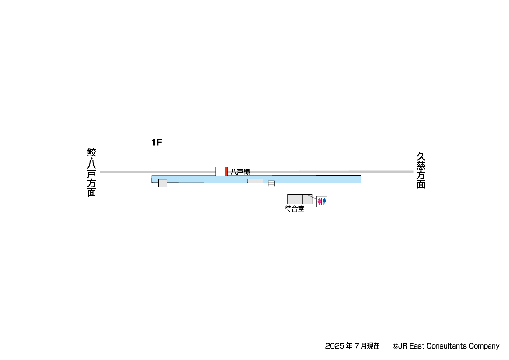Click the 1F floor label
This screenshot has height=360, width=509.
point(157,143)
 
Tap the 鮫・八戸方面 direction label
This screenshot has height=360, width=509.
point(91,172)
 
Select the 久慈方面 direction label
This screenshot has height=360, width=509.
point(421,170)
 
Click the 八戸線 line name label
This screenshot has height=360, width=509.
point(240,172)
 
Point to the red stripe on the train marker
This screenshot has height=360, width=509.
point(226,172)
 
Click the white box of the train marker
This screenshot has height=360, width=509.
point(220,172)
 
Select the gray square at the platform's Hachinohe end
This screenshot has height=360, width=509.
point(163,183)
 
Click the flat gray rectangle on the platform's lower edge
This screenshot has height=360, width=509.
point(255,181)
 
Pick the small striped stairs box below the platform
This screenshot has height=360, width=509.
point(271,183)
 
